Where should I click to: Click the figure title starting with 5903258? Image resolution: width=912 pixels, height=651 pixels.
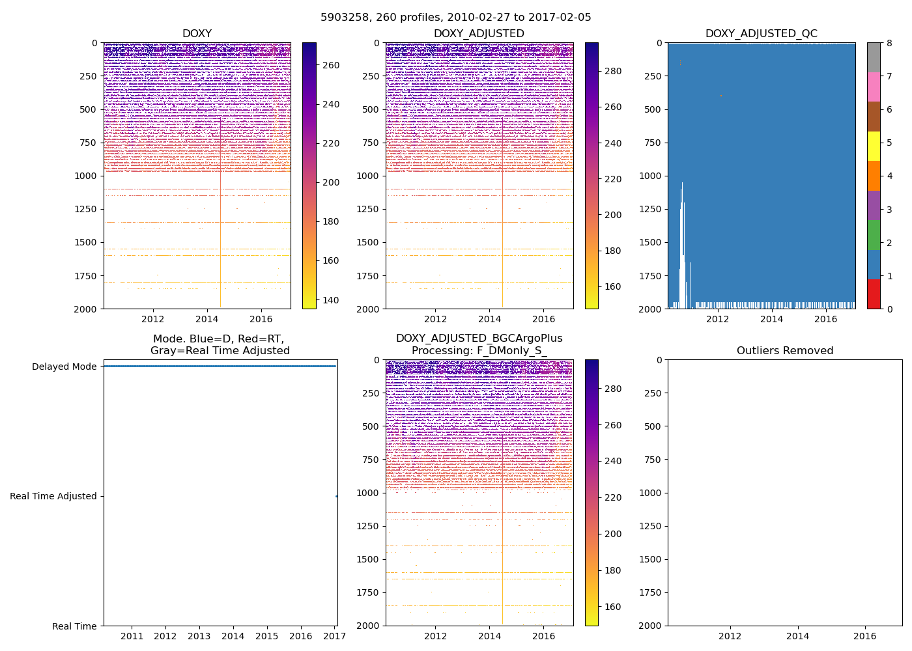pyautogui.click(x=456, y=18)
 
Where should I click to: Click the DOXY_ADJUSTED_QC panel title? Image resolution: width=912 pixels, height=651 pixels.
pyautogui.click(x=761, y=34)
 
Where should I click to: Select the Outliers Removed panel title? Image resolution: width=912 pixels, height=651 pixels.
pyautogui.click(x=785, y=351)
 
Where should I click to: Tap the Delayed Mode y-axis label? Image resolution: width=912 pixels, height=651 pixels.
pyautogui.click(x=64, y=367)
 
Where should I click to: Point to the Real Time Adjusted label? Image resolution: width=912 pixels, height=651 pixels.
pyautogui.click(x=53, y=496)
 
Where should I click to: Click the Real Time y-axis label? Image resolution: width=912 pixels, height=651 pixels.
pyautogui.click(x=74, y=626)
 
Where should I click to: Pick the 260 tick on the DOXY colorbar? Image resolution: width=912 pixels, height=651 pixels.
pyautogui.click(x=331, y=65)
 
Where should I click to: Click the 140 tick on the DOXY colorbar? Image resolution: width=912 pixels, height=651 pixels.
pyautogui.click(x=331, y=300)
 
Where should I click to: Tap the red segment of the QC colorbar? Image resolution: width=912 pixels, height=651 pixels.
pyautogui.click(x=874, y=294)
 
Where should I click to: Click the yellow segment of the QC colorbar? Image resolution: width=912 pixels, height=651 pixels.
pyautogui.click(x=874, y=146)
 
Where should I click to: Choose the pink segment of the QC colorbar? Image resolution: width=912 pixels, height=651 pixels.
pyautogui.click(x=874, y=87)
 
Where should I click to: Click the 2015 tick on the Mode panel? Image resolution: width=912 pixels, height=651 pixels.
pyautogui.click(x=266, y=636)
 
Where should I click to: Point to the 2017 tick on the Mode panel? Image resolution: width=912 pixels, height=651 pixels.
pyautogui.click(x=335, y=636)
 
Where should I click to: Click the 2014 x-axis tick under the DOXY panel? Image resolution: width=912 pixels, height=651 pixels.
pyautogui.click(x=207, y=319)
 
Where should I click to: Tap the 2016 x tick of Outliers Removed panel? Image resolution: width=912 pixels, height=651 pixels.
pyautogui.click(x=865, y=636)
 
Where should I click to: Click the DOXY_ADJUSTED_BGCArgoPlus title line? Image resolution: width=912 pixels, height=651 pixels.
pyautogui.click(x=479, y=339)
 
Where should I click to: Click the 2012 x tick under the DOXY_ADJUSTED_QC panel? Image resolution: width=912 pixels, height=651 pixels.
pyautogui.click(x=717, y=319)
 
